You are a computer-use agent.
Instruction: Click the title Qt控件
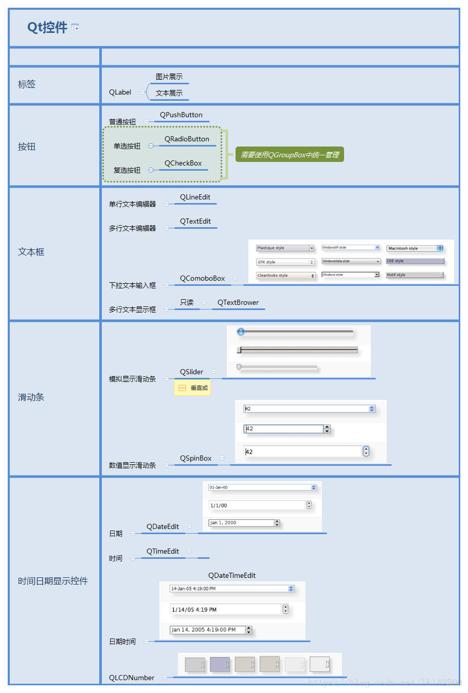pyautogui.click(x=47, y=27)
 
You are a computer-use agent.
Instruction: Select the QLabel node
pyautogui.click(x=120, y=93)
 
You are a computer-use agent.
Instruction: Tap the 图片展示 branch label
pyautogui.click(x=169, y=77)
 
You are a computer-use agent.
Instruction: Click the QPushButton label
pyautogui.click(x=181, y=115)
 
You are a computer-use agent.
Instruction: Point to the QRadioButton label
pyautogui.click(x=187, y=139)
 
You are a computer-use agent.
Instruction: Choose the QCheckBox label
pyautogui.click(x=183, y=163)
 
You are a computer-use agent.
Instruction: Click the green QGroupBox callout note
pyautogui.click(x=290, y=155)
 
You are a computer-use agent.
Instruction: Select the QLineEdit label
pyautogui.click(x=195, y=197)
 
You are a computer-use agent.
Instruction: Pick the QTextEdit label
pyautogui.click(x=195, y=222)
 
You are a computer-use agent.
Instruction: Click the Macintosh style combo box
pyautogui.click(x=415, y=248)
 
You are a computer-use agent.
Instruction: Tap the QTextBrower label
pyautogui.click(x=238, y=303)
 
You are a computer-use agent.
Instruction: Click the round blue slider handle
pyautogui.click(x=241, y=332)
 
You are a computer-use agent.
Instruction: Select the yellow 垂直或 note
pyautogui.click(x=192, y=388)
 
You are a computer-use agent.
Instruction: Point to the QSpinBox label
pyautogui.click(x=196, y=459)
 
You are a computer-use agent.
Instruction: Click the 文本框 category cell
pyautogui.click(x=31, y=252)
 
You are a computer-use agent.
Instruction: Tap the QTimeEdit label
pyautogui.click(x=163, y=552)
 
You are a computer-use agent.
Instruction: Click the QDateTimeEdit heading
pyautogui.click(x=232, y=576)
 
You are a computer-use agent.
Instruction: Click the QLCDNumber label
pyautogui.click(x=132, y=678)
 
